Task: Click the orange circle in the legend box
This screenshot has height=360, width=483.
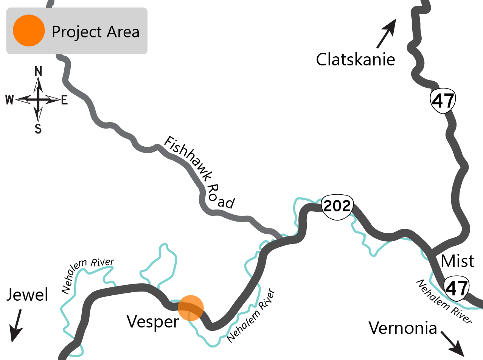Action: click(x=29, y=31)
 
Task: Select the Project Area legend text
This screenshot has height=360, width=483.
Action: click(x=96, y=32)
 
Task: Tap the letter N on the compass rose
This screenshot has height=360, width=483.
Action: click(x=38, y=71)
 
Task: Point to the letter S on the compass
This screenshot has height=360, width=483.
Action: click(x=38, y=129)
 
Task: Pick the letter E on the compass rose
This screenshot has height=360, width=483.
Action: click(x=64, y=100)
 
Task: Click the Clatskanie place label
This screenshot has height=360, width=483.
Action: click(x=356, y=60)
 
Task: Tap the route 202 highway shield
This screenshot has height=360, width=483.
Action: click(x=337, y=207)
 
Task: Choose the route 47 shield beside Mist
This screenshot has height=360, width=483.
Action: click(x=456, y=289)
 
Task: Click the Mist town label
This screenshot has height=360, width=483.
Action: click(x=458, y=261)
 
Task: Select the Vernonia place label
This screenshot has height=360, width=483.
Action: click(x=403, y=328)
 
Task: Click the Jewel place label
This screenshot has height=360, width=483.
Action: click(x=28, y=295)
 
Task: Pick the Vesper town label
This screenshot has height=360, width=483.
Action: click(x=152, y=322)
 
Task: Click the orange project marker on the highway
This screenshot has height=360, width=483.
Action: click(x=191, y=308)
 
